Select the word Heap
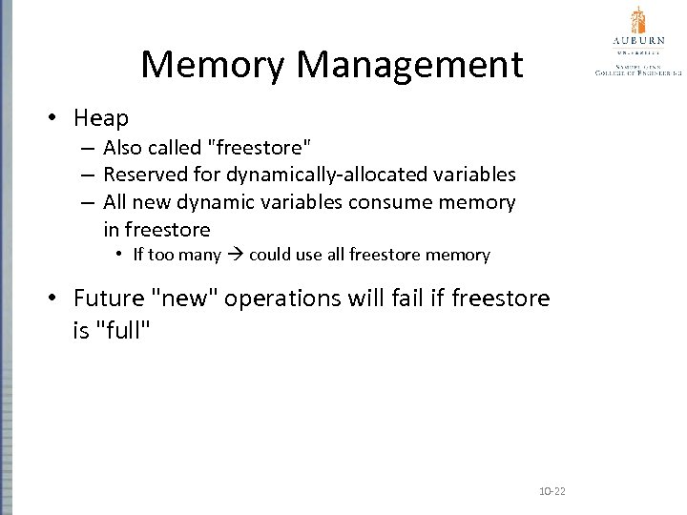click(100, 118)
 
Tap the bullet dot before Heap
click(55, 117)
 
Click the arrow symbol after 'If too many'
click(236, 255)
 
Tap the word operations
click(281, 299)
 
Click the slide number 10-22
click(552, 491)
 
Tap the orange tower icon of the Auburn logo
click(638, 20)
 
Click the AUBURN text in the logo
click(638, 43)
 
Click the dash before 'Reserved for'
click(87, 175)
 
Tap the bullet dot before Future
click(55, 298)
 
